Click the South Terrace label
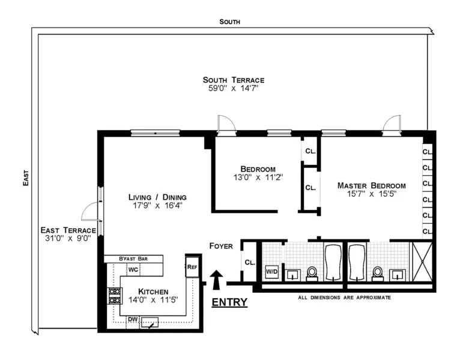233,80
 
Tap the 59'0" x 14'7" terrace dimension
233,89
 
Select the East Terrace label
68,230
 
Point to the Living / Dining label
158,197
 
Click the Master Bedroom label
371,185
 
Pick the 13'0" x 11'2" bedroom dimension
258,178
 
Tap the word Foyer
221,246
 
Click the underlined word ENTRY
229,302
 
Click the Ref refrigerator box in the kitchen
192,266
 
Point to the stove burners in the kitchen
114,296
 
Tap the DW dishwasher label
132,319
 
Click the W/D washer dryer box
272,271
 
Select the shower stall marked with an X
422,262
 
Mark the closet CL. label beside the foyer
249,262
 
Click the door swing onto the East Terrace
90,211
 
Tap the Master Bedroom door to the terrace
392,124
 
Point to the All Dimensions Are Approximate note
344,297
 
